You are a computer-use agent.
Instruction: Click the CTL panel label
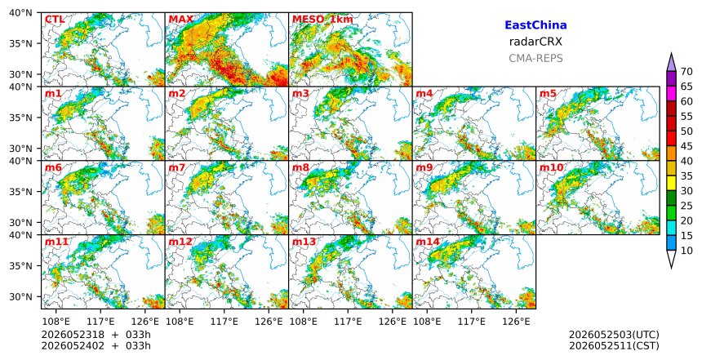point(54,20)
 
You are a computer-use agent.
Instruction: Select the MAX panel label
point(181,20)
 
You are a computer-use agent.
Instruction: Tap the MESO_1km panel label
point(322,20)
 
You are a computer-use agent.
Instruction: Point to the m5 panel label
point(548,94)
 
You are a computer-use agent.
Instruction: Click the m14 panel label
point(428,242)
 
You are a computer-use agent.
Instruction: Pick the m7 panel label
point(177,167)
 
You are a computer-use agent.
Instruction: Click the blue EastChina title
point(535,25)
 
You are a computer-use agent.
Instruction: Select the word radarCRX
point(535,42)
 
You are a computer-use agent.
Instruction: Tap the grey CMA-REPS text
point(535,58)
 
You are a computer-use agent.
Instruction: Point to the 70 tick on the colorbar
point(686,72)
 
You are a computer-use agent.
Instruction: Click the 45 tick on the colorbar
point(686,146)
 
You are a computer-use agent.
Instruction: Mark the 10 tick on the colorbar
point(686,251)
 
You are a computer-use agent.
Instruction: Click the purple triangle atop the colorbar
point(671,63)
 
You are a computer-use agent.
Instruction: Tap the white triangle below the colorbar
point(671,259)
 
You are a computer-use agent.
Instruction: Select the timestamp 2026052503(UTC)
point(614,336)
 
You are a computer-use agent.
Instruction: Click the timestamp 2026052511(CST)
point(614,346)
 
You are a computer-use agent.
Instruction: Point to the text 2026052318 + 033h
point(96,336)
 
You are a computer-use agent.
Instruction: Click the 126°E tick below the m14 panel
point(516,322)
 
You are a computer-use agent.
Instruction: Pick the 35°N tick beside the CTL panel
point(20,43)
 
